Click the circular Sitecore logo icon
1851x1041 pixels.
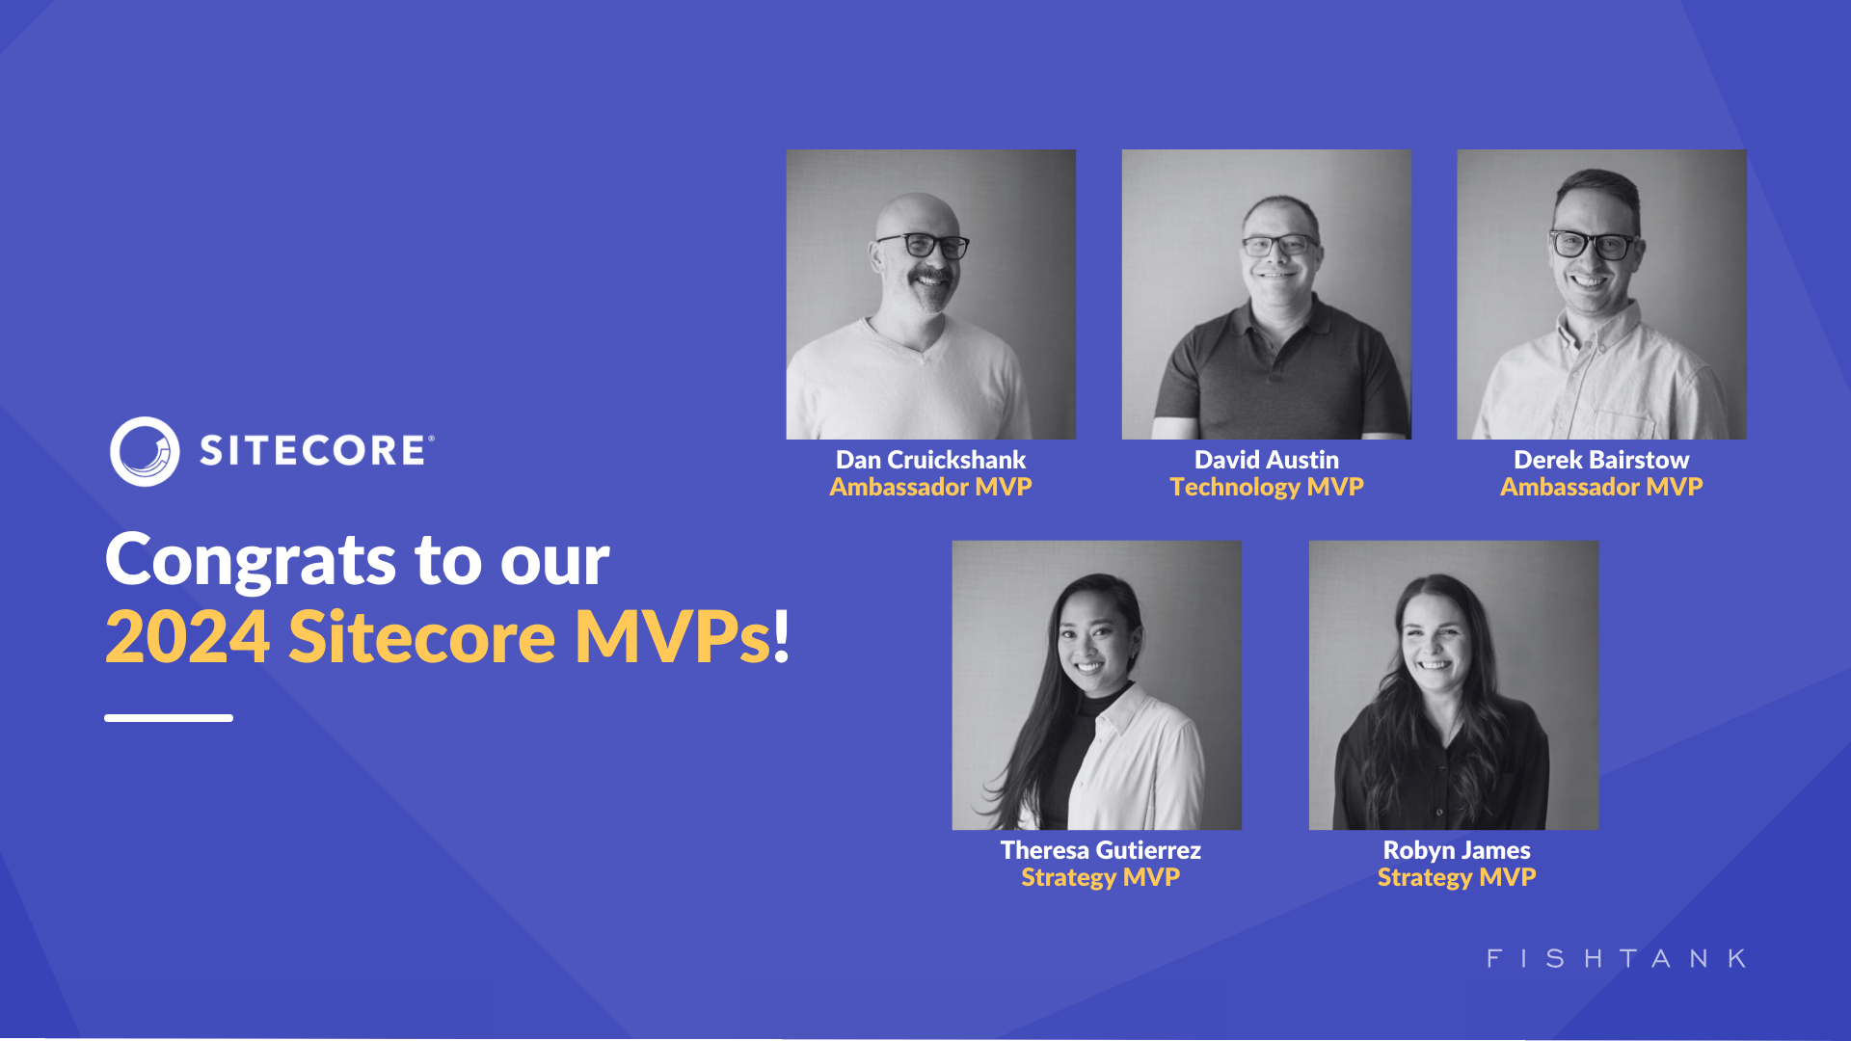tap(145, 451)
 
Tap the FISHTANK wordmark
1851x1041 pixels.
tap(1616, 958)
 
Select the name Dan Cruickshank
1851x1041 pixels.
tap(930, 460)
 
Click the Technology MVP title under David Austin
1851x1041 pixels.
tap(1266, 487)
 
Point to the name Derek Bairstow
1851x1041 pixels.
tap(1600, 460)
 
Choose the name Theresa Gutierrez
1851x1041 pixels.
tap(1100, 850)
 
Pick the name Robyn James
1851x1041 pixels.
tap(1456, 850)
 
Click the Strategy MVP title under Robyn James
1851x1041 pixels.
tap(1456, 877)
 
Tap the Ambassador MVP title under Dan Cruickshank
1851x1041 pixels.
tap(930, 487)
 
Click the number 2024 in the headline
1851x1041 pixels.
tap(187, 638)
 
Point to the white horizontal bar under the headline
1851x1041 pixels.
tap(169, 718)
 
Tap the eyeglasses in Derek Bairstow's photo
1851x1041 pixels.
tap(1593, 244)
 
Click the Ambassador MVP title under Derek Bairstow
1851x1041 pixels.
tap(1600, 487)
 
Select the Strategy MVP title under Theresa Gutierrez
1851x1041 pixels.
tap(1100, 877)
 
